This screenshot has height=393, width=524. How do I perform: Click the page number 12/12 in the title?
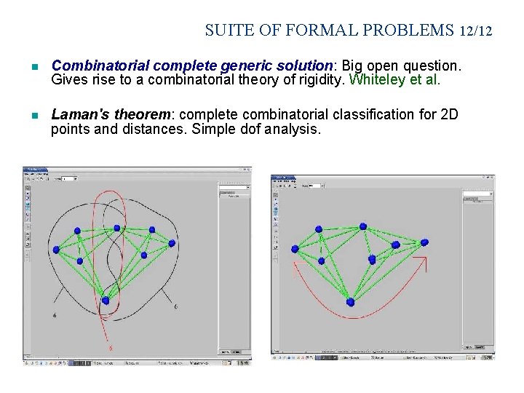click(476, 31)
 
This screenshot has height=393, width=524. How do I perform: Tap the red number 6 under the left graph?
click(111, 348)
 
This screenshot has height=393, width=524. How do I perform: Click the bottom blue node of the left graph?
click(106, 300)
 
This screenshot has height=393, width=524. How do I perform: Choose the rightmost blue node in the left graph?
click(172, 243)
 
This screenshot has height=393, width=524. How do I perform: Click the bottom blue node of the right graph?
click(350, 301)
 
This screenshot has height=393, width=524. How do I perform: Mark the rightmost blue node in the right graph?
click(424, 242)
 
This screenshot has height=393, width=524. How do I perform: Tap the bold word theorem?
click(138, 115)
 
